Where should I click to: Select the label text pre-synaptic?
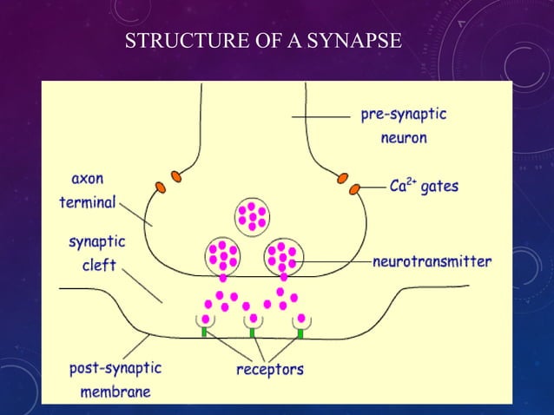pyautogui.click(x=405, y=114)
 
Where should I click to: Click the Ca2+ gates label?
pyautogui.click(x=424, y=187)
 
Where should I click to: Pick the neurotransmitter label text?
pyautogui.click(x=432, y=260)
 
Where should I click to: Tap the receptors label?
pyautogui.click(x=270, y=369)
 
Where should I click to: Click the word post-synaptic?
pyautogui.click(x=115, y=368)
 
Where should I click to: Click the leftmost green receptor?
pyautogui.click(x=203, y=331)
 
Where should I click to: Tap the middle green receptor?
pyautogui.click(x=252, y=332)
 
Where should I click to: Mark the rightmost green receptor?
pyautogui.click(x=300, y=333)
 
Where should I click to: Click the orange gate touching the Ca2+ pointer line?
pyautogui.click(x=354, y=188)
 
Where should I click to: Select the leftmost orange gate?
pyautogui.click(x=161, y=187)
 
